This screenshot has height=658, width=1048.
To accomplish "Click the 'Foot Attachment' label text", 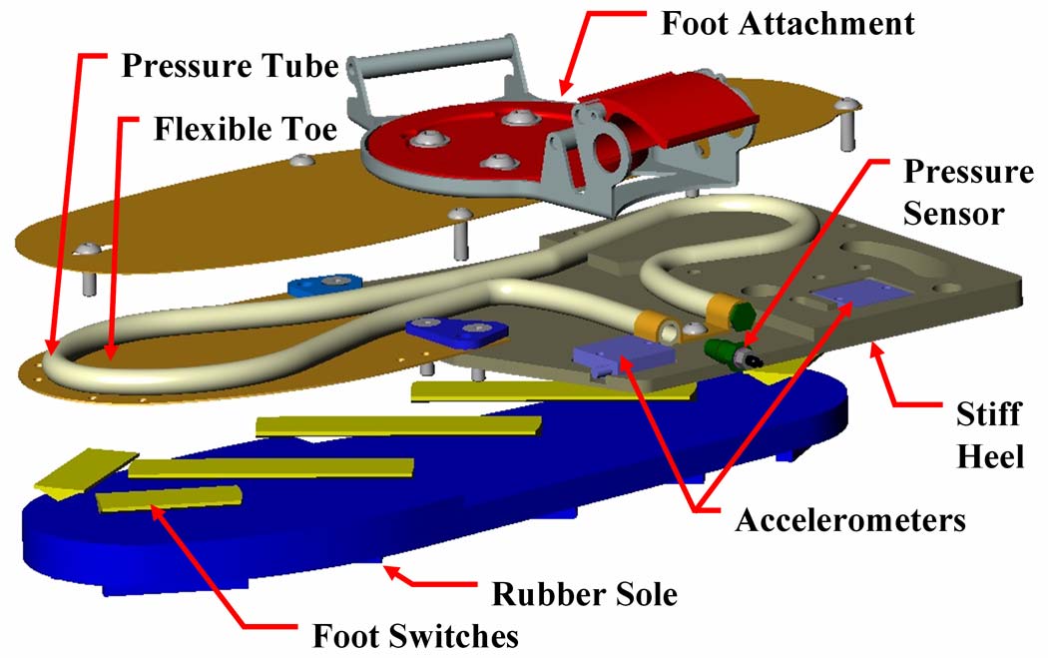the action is (x=787, y=23).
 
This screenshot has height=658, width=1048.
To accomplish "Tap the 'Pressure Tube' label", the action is (x=230, y=66).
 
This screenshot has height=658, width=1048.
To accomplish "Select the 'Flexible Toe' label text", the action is (x=246, y=129).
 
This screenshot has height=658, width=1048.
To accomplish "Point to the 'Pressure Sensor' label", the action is (x=967, y=193).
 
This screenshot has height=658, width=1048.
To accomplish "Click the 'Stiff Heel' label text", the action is (x=989, y=434).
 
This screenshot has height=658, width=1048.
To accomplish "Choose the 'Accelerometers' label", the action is (x=850, y=519).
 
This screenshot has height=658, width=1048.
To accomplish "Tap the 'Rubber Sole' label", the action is (x=584, y=594).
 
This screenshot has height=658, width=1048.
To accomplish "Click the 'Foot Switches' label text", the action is (x=415, y=635).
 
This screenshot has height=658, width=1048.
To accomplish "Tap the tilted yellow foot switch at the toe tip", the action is (x=86, y=472).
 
